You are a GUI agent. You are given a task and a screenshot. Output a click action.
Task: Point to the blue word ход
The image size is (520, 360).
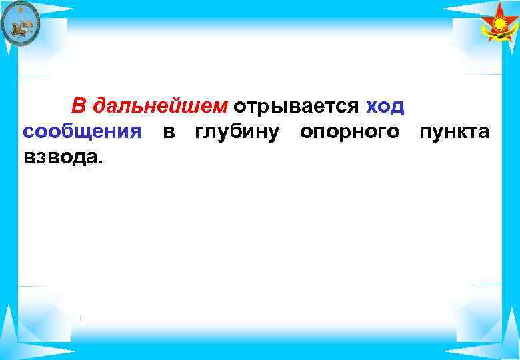pos(385,107)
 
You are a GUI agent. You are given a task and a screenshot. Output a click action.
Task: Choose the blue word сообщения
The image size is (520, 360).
pos(82,131)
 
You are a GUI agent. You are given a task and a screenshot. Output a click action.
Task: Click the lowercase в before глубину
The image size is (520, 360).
pos(169,131)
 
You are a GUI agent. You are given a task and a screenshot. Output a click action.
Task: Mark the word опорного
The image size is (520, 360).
pos(350,132)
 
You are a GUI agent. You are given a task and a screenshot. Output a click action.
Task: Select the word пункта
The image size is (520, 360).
pos(454,131)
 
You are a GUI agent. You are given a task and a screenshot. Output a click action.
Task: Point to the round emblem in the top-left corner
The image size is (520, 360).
pos(20,24)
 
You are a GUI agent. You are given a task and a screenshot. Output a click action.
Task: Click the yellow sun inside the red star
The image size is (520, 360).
pos(499,25)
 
